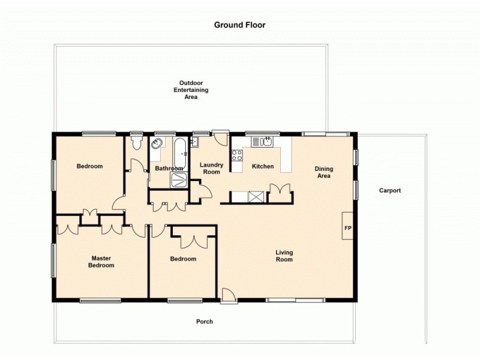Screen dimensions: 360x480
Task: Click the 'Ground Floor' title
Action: tap(239, 25)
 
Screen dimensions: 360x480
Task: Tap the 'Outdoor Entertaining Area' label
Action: tap(191, 89)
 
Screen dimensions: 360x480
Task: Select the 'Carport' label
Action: tap(389, 191)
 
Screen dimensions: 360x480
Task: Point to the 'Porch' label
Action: tap(205, 322)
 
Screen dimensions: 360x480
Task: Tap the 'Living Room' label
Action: tap(284, 256)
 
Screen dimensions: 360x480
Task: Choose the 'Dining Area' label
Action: tap(323, 173)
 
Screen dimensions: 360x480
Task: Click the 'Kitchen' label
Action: tap(263, 166)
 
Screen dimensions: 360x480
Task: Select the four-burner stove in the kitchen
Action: tap(237, 155)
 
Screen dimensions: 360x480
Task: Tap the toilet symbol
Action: tap(136, 142)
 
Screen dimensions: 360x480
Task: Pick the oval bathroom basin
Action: tap(157, 143)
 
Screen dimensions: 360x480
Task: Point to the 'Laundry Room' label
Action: tap(211, 169)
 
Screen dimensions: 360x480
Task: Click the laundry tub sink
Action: tap(194, 142)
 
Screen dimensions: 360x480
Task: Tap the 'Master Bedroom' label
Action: tap(101, 262)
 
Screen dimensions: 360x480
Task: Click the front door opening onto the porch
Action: tap(228, 295)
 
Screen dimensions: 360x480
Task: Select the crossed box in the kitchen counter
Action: tap(256, 196)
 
